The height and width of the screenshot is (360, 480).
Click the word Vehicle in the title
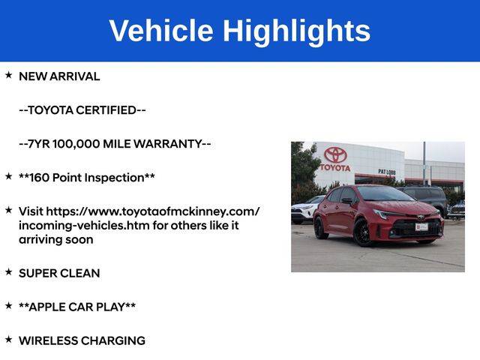tap(161, 31)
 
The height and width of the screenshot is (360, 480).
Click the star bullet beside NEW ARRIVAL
tap(8, 75)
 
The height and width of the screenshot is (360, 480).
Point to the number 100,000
tap(76, 144)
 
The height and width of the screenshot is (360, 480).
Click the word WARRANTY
tap(168, 144)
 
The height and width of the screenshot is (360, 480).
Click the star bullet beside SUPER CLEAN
tap(8, 271)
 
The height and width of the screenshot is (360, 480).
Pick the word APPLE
tap(47, 307)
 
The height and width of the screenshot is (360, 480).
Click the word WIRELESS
tap(49, 340)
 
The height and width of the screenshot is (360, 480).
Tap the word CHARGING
tap(113, 340)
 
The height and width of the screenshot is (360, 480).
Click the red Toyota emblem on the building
tap(335, 154)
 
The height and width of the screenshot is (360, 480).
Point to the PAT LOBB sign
tap(387, 172)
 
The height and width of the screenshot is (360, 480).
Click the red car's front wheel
tap(363, 232)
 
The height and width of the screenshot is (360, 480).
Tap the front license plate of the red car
tap(421, 226)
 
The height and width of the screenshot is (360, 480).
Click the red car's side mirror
tap(347, 201)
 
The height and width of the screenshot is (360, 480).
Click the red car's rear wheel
tap(321, 228)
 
